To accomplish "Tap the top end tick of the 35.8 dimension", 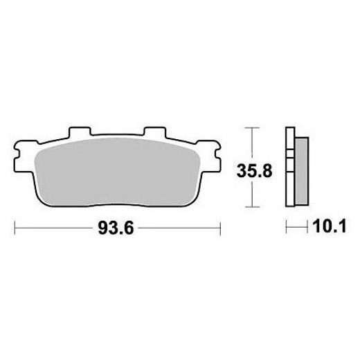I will click(251, 127).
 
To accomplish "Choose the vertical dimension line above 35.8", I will click(251, 142).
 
